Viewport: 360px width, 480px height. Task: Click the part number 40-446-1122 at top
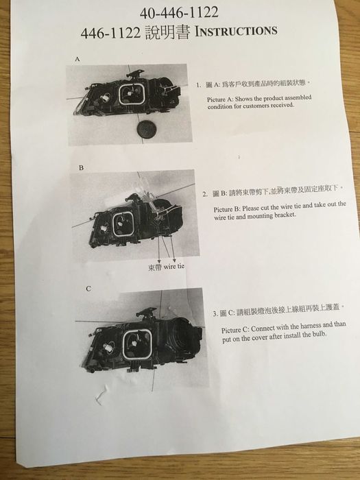click(x=179, y=12)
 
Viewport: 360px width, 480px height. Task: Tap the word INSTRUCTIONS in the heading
click(x=236, y=31)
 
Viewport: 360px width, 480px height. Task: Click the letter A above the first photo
click(x=77, y=59)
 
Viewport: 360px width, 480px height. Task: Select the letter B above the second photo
click(x=81, y=168)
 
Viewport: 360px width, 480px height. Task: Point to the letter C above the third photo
click(x=88, y=289)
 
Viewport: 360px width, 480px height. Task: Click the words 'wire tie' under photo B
click(x=174, y=266)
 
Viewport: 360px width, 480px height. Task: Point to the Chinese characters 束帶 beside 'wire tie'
click(x=155, y=267)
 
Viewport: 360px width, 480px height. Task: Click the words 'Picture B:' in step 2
click(x=227, y=209)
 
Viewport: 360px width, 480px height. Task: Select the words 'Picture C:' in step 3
click(x=235, y=330)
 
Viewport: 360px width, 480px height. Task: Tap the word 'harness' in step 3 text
click(x=311, y=326)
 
